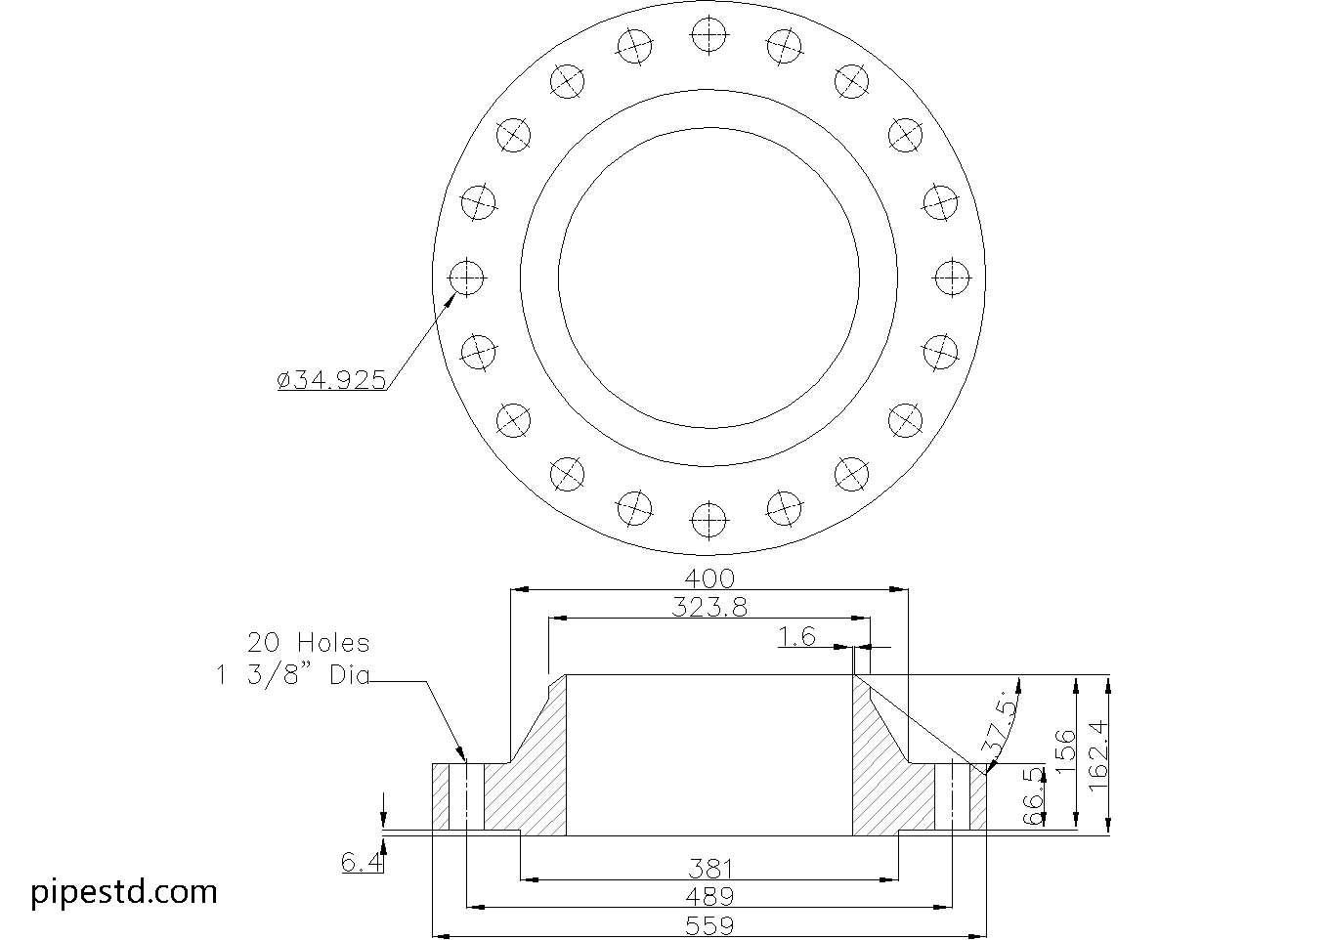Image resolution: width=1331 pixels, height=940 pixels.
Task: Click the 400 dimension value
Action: [709, 578]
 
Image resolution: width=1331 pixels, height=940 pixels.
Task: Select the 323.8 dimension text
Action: [709, 607]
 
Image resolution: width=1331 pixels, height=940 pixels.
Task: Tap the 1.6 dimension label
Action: [797, 637]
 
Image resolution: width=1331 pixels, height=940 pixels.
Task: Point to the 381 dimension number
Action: [710, 870]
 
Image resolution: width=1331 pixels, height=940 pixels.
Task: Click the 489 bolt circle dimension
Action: [709, 897]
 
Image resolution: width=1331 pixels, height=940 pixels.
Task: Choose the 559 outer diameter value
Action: [709, 925]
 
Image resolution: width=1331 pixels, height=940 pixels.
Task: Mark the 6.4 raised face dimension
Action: [362, 862]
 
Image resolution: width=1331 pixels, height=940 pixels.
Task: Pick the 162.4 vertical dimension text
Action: [1098, 754]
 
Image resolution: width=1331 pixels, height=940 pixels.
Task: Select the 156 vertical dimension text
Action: [1065, 751]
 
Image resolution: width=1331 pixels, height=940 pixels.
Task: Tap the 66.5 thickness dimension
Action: [1033, 795]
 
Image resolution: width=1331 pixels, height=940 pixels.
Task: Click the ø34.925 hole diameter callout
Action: [331, 380]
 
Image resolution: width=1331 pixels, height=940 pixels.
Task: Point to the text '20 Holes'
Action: [309, 643]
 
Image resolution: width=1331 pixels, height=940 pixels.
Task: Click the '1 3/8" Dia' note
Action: [292, 675]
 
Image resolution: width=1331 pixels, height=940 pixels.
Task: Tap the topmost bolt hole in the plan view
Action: [708, 34]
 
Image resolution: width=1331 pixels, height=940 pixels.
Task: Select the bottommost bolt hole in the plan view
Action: [708, 521]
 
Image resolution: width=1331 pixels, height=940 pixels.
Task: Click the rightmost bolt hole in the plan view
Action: [952, 278]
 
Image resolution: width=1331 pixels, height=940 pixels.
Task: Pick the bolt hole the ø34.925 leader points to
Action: [466, 278]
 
